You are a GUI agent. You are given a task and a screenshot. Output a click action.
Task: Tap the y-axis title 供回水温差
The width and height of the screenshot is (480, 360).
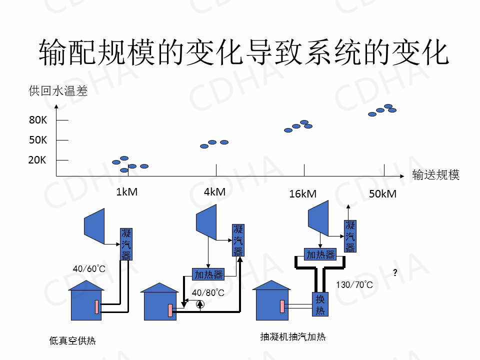pos(58,91)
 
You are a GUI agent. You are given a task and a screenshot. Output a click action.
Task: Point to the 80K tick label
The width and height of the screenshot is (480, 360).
pos(38,120)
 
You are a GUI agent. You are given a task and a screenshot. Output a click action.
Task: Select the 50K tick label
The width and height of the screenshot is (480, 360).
pos(38,140)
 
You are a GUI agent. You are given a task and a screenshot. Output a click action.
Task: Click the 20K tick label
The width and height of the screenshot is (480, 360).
pos(37,160)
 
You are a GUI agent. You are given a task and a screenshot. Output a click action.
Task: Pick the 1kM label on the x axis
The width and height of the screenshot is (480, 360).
pos(126,192)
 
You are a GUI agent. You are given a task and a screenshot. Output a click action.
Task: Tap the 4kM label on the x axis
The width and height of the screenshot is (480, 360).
pos(214,192)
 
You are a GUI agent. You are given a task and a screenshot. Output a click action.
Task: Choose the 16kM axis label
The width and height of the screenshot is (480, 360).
pos(302,194)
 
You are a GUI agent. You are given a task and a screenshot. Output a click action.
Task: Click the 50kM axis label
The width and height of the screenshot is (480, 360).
pos(382,194)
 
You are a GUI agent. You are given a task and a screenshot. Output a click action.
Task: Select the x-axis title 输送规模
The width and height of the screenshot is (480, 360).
pos(435,175)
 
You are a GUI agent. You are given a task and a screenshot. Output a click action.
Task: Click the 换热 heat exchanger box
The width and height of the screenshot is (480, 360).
pos(320,304)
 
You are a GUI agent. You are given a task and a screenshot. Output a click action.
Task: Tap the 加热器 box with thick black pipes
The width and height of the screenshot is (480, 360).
pos(320,254)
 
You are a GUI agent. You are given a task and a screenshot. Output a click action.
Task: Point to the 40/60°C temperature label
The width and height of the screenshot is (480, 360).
pos(89,269)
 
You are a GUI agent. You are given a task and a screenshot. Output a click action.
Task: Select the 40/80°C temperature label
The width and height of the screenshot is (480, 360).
pos(207,292)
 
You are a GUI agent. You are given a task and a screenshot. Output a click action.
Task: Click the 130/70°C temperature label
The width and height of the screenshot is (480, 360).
pos(354,285)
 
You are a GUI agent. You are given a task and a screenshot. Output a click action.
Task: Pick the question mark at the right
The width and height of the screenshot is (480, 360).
pos(395,273)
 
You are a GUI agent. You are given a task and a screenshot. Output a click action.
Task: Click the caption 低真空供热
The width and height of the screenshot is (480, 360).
pos(72,341)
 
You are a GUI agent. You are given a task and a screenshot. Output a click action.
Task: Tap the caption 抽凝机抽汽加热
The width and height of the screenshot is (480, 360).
pos(293,337)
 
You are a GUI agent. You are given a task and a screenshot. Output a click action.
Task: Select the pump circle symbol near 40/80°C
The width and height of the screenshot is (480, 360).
pos(200,303)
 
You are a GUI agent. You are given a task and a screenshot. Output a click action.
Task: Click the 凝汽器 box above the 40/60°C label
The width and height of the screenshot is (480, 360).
pos(126,244)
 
